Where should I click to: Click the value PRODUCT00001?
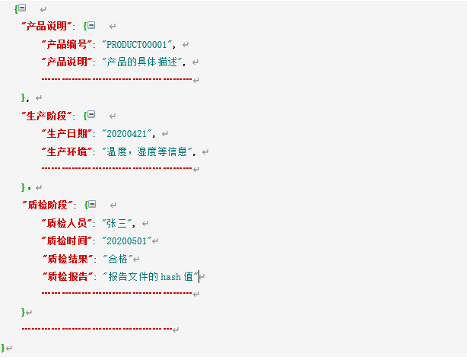coord(137,45)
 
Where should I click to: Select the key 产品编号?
coord(67,45)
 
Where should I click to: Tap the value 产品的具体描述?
coord(141,62)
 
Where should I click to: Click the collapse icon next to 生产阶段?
coord(91,114)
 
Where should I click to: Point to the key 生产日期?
coord(67,133)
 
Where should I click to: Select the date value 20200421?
coord(127,133)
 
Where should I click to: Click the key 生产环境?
coord(67,151)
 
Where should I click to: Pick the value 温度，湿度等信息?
coord(147,151)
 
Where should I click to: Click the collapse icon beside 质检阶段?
coord(92,204)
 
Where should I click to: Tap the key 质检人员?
coord(67,223)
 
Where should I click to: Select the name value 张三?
coord(117,223)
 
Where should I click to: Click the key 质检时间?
coord(67,241)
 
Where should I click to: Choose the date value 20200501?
coord(127,241)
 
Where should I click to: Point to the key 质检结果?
coord(68,259)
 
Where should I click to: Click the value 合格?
coord(118,259)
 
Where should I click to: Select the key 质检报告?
coord(68,276)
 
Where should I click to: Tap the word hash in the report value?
coord(170,277)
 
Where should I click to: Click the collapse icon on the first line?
coord(22,8)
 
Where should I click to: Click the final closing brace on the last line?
coord(3,348)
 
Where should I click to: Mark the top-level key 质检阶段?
coord(48,205)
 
